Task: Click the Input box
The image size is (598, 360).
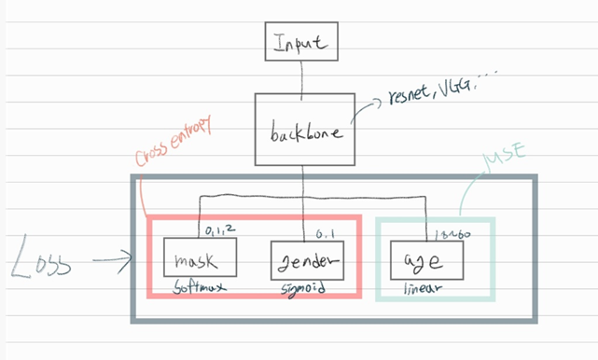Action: click(299, 42)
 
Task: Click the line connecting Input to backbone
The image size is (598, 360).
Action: click(299, 76)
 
